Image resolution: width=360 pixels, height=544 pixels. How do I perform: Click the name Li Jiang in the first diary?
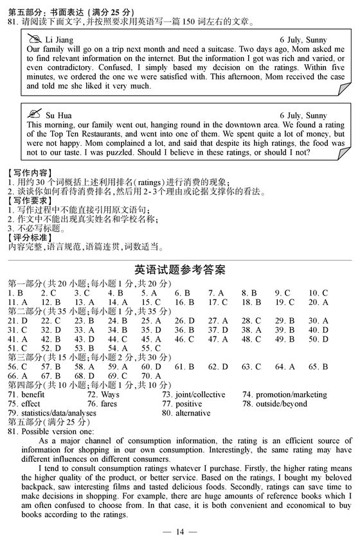point(60,40)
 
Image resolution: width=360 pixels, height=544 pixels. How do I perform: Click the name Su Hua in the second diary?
point(59,116)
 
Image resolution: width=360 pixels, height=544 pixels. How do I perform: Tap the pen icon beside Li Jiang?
point(35,39)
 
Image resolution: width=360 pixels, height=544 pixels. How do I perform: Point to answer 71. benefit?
point(26,394)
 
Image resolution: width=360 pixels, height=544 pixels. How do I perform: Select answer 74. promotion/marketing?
point(285,394)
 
